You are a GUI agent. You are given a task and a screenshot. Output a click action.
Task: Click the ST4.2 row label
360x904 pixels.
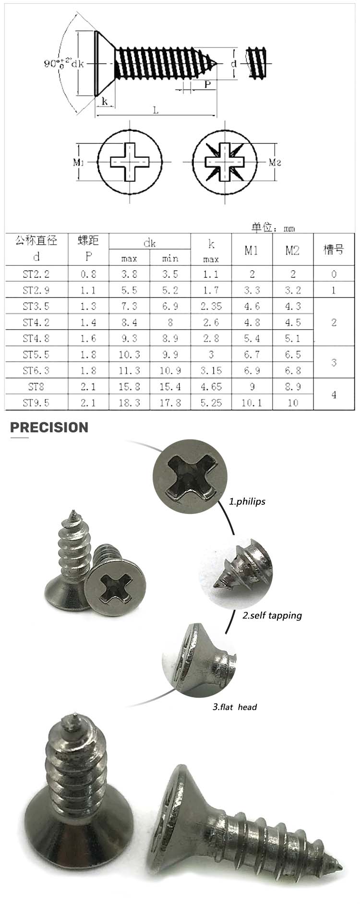36,322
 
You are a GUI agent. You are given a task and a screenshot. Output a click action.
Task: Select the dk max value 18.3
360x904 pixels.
129,403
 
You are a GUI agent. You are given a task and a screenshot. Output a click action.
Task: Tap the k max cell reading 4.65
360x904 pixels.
211,387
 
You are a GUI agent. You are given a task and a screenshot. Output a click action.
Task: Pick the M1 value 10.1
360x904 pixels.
252,403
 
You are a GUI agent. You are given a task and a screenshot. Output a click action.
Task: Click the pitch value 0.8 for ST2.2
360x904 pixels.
88,274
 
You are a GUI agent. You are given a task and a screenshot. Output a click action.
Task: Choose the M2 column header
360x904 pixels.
292,250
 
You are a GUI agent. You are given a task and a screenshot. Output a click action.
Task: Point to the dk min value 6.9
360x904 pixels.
170,306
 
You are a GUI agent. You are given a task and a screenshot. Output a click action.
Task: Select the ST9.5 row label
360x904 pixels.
36,403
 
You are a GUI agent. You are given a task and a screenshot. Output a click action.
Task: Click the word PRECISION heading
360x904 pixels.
49,428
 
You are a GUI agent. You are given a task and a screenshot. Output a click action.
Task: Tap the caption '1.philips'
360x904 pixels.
247,502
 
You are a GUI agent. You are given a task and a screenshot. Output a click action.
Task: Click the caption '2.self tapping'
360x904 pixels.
272,615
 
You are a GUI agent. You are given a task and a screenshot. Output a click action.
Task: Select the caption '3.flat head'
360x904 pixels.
235,707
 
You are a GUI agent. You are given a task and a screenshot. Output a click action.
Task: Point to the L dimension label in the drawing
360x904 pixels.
156,110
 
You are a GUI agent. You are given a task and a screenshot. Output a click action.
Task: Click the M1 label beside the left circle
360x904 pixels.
79,162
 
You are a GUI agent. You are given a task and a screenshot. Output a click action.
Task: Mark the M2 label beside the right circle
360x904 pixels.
275,162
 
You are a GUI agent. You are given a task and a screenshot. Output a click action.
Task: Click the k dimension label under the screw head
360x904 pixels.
105,101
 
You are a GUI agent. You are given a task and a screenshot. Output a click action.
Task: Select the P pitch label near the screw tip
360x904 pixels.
208,84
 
